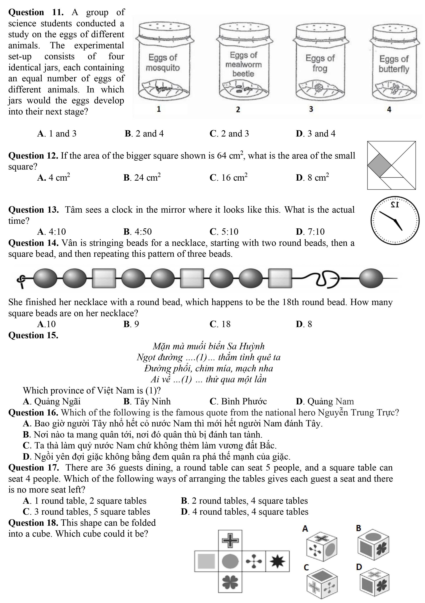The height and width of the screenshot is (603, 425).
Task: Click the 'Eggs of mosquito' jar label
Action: click(x=163, y=63)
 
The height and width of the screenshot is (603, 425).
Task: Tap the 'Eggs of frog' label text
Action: click(x=320, y=63)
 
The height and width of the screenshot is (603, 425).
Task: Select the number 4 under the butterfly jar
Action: click(x=389, y=109)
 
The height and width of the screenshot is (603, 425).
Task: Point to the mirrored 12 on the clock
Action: click(x=395, y=205)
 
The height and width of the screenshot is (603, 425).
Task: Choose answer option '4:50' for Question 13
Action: click(x=138, y=232)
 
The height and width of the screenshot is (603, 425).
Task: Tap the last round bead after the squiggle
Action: click(x=371, y=278)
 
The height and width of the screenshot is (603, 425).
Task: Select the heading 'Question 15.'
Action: click(x=33, y=335)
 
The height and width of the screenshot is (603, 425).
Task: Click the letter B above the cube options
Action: click(x=359, y=528)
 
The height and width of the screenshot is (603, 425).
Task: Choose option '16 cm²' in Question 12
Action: click(x=229, y=178)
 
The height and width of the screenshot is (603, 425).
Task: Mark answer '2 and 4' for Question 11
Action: click(x=144, y=134)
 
